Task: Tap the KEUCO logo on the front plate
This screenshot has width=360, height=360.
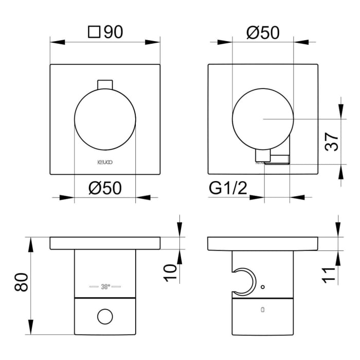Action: [x=105, y=161]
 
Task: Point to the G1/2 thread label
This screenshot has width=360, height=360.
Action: [x=228, y=188]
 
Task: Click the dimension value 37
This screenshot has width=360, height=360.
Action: [x=332, y=141]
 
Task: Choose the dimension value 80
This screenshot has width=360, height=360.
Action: [x=21, y=282]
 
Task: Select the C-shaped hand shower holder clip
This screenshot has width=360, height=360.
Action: [x=244, y=282]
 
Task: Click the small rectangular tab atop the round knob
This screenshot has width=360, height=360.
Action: [x=105, y=84]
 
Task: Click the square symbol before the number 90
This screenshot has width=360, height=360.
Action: [x=94, y=33]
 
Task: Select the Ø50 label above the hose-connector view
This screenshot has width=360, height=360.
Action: [x=262, y=33]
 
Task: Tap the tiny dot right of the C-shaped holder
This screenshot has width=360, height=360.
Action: [x=263, y=286]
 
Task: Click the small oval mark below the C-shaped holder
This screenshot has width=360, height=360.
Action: [x=263, y=310]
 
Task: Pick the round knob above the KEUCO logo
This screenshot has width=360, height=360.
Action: [x=105, y=118]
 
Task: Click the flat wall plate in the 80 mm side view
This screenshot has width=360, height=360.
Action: [x=105, y=243]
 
